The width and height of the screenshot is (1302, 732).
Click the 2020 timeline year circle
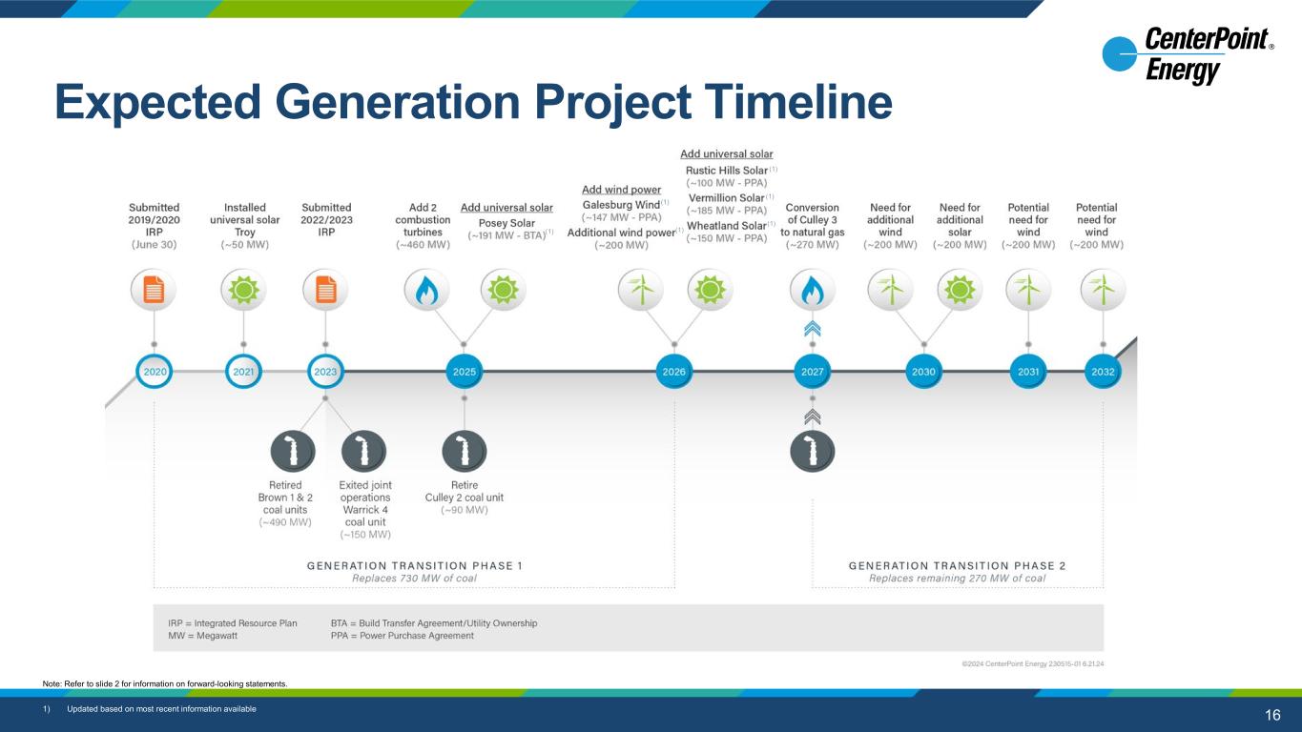click(155, 371)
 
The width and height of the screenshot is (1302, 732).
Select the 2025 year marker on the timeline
click(464, 371)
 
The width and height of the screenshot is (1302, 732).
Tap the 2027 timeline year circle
click(812, 371)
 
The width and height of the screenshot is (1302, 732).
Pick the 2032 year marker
click(1103, 371)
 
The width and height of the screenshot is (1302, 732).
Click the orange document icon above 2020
click(154, 290)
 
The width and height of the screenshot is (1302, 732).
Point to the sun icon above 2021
click(243, 290)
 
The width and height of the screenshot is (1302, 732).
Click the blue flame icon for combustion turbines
click(426, 290)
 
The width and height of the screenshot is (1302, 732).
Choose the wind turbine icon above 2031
click(1028, 290)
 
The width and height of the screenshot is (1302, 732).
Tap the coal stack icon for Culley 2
click(464, 451)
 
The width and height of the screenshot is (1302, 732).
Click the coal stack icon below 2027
click(812, 451)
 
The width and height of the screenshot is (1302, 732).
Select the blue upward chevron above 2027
click(812, 329)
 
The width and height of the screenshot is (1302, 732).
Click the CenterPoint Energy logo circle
click(1120, 54)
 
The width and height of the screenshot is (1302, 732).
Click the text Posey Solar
click(506, 223)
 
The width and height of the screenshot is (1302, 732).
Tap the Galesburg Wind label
click(621, 205)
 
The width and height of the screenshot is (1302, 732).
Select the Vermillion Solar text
click(727, 197)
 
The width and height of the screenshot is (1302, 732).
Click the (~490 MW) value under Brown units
click(285, 522)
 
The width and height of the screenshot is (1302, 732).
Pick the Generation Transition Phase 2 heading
click(958, 566)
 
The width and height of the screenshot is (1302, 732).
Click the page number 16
click(1272, 715)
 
